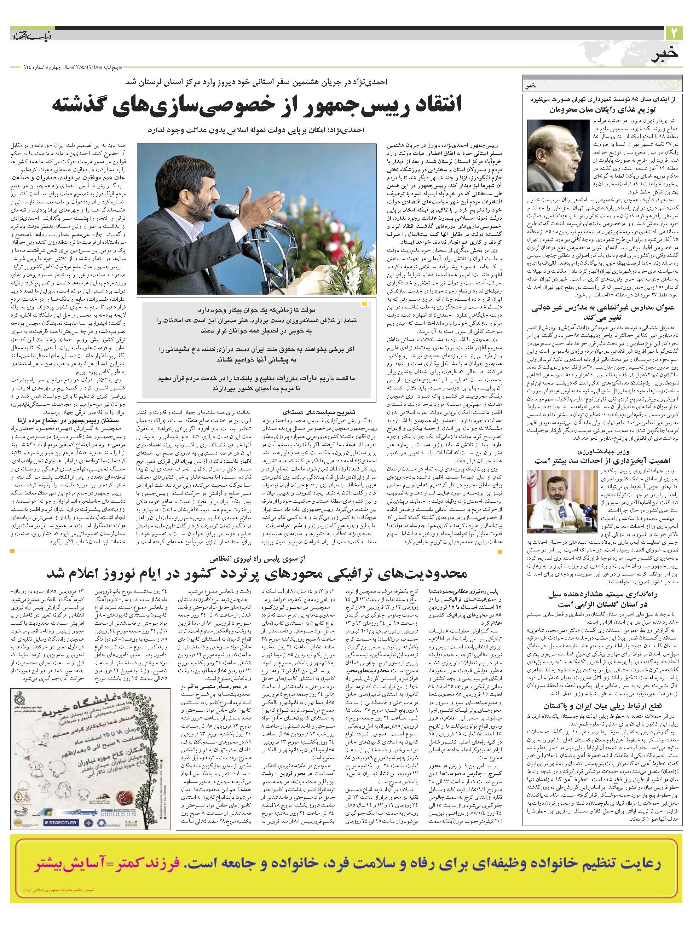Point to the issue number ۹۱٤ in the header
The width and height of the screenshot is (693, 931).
tap(18, 68)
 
